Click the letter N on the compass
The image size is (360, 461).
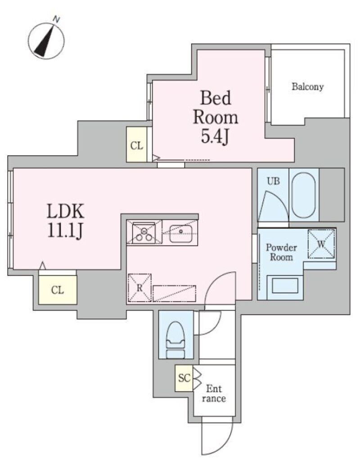point(56,20)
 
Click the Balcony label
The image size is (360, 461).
point(307,87)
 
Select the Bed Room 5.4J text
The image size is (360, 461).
point(216,117)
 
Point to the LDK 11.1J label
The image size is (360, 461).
point(66,221)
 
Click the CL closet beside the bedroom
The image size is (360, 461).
point(137,145)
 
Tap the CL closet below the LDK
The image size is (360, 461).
point(58,290)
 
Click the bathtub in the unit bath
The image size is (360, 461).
point(304,195)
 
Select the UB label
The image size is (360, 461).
point(273,181)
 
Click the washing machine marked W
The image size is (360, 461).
point(321,244)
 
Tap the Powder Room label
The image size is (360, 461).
point(281,252)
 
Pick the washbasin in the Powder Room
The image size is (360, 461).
point(285,285)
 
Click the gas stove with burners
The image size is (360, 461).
point(144,232)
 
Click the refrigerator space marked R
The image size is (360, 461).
point(139,288)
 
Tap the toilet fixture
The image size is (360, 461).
point(175,340)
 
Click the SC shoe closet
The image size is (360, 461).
point(184,378)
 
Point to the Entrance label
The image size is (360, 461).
point(214,393)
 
